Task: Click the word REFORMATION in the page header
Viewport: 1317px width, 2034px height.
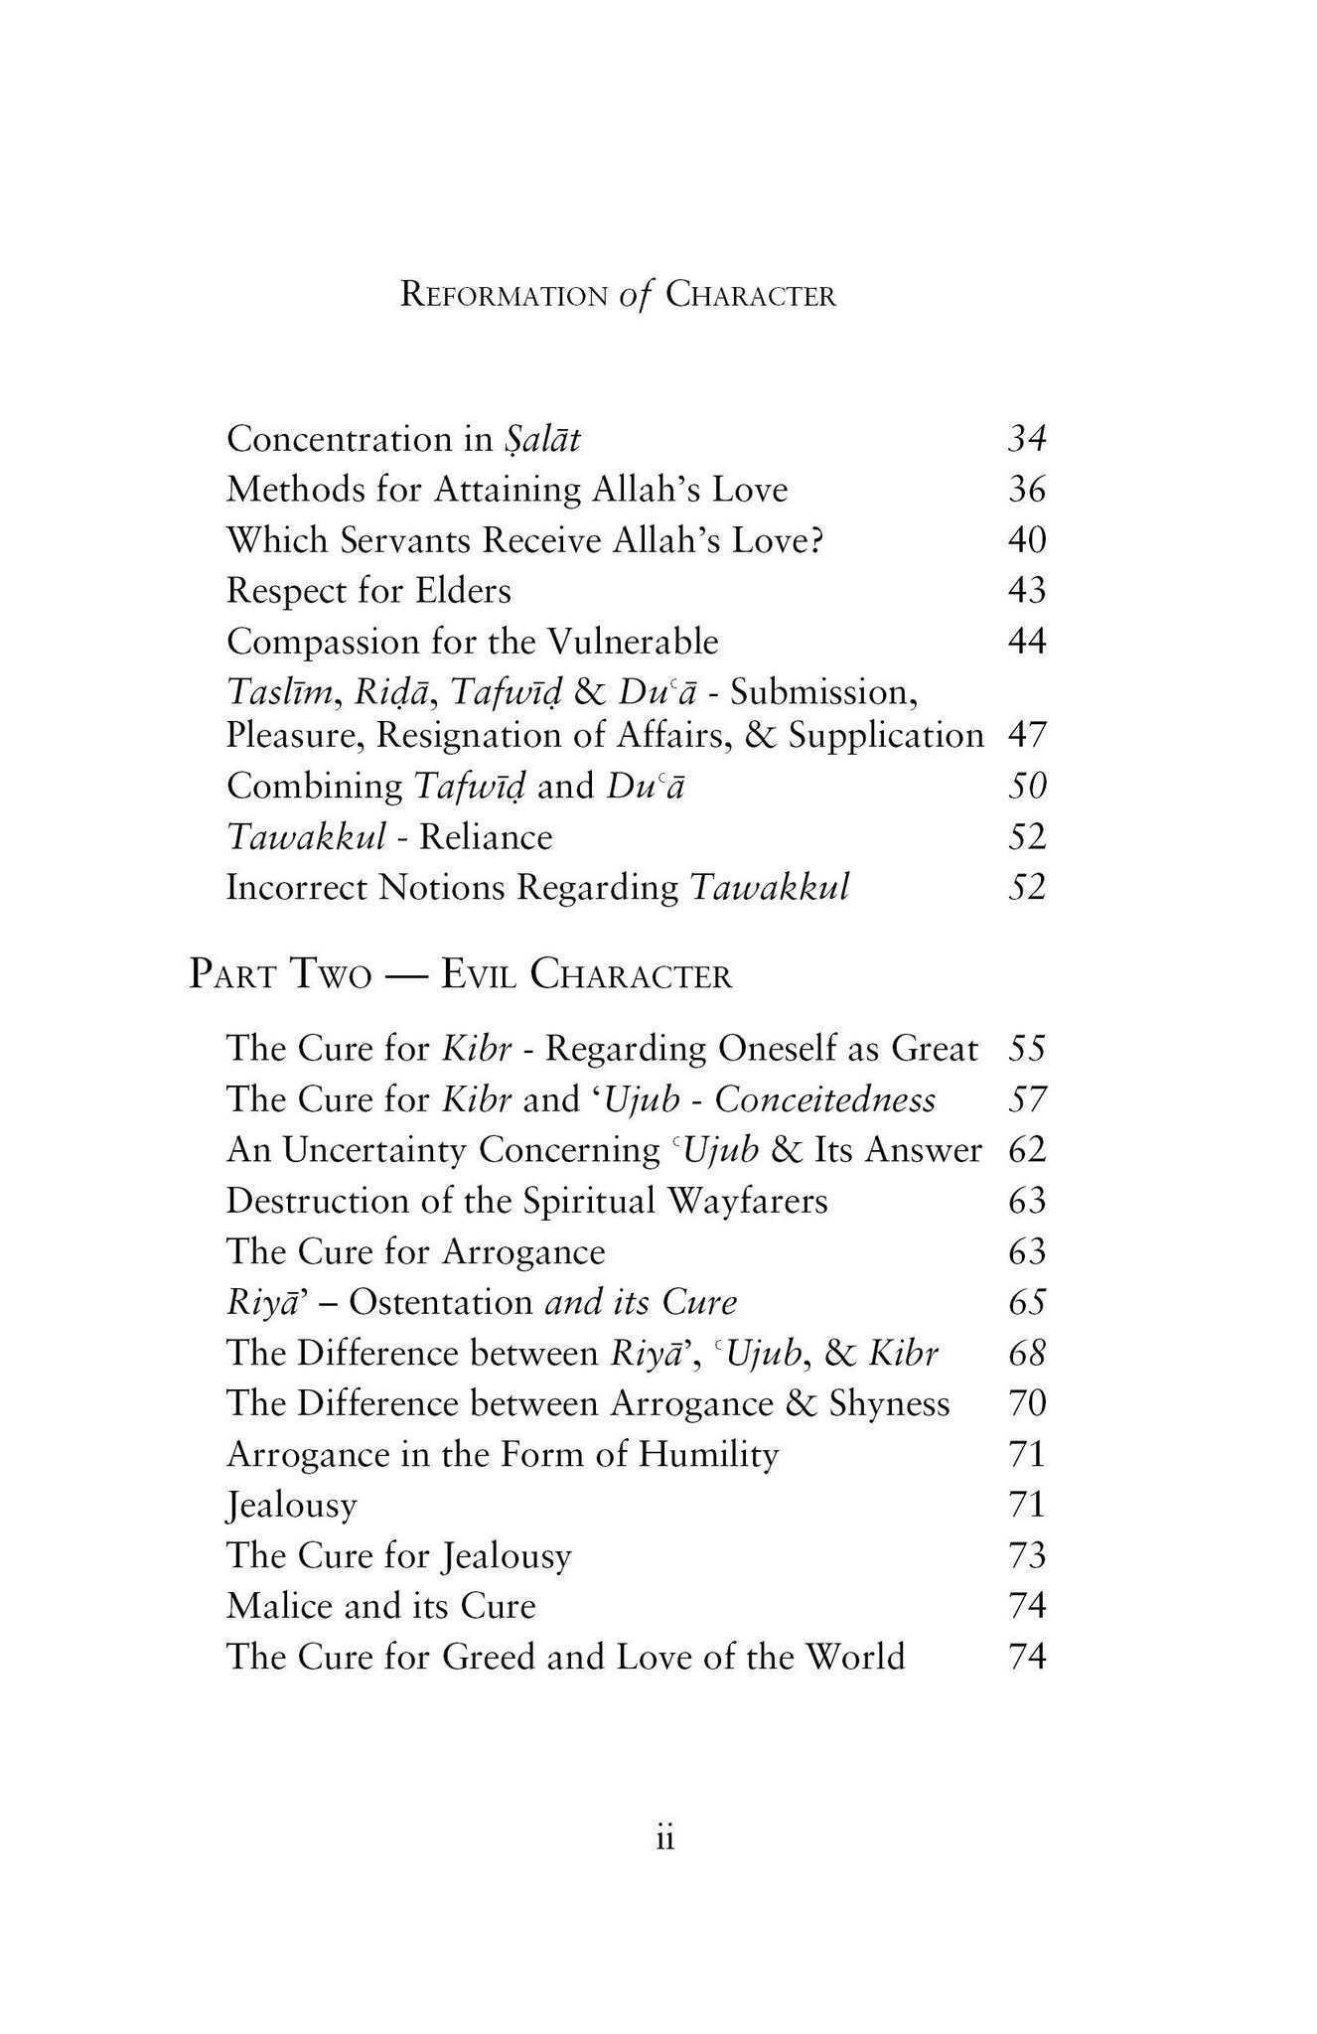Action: pyautogui.click(x=504, y=296)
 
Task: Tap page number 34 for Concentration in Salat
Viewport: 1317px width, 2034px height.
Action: pyautogui.click(x=1027, y=439)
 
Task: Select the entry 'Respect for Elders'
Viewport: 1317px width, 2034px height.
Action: pyautogui.click(x=368, y=591)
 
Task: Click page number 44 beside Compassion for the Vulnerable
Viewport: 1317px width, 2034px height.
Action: pyautogui.click(x=1027, y=642)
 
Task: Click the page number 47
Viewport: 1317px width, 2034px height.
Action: pyautogui.click(x=1027, y=736)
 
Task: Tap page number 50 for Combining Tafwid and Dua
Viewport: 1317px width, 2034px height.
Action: pyautogui.click(x=1027, y=787)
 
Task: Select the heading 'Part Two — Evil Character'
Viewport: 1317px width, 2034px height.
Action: pyautogui.click(x=461, y=975)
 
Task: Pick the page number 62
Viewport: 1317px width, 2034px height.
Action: pyautogui.click(x=1027, y=1150)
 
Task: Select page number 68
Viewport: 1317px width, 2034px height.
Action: pyautogui.click(x=1027, y=1353)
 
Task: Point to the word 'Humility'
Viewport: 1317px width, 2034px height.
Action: pyautogui.click(x=708, y=1455)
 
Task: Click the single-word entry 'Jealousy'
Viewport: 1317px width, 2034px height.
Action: pyautogui.click(x=291, y=1506)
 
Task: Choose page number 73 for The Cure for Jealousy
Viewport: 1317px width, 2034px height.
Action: pyautogui.click(x=1027, y=1555)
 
